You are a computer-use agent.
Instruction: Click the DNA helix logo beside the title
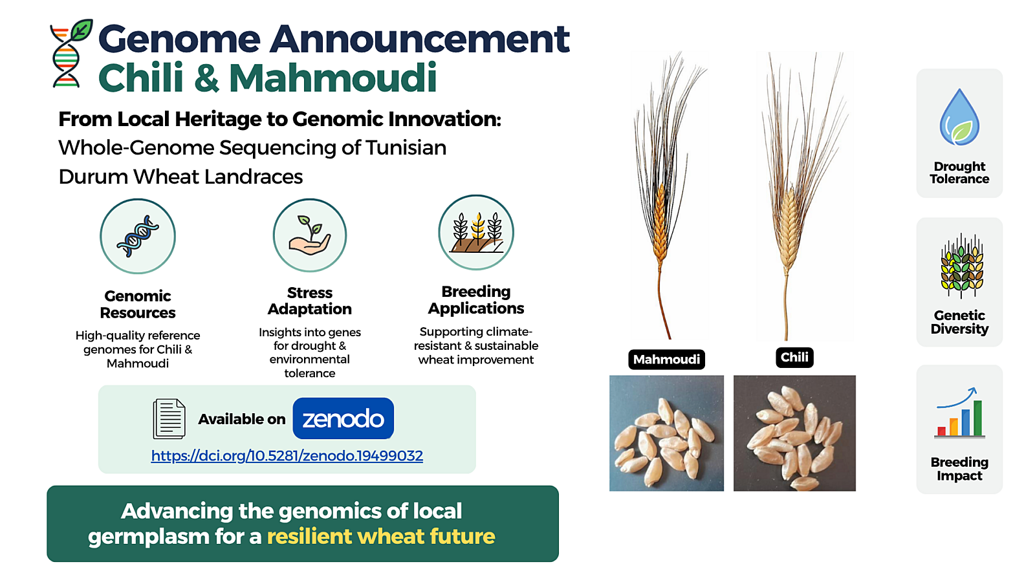coord(71,53)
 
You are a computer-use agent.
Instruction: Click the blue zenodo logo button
coord(343,418)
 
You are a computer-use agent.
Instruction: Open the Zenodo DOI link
coord(287,456)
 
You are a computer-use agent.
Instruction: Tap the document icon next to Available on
coord(169,418)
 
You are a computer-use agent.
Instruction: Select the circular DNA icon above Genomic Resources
coord(138,237)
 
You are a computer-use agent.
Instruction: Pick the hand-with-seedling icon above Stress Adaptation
coord(310,235)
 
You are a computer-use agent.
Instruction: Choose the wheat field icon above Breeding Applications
coord(476,232)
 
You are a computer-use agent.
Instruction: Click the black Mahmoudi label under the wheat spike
coord(666,360)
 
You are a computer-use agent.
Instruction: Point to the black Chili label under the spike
coord(794,358)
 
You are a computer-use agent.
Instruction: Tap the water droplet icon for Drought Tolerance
coord(959,117)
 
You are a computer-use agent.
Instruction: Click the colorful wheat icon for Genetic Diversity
coord(961,266)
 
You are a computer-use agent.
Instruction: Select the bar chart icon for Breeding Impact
coord(959,413)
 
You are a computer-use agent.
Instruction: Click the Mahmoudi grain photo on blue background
coord(666,433)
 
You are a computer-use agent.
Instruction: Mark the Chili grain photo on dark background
coord(795,433)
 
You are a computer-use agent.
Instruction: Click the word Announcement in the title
coord(420,39)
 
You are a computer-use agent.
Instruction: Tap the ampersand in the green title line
coord(206,78)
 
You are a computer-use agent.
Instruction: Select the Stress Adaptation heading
coord(310,301)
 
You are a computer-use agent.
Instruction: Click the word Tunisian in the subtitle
coord(406,148)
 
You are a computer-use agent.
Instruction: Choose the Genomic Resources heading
coord(138,305)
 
